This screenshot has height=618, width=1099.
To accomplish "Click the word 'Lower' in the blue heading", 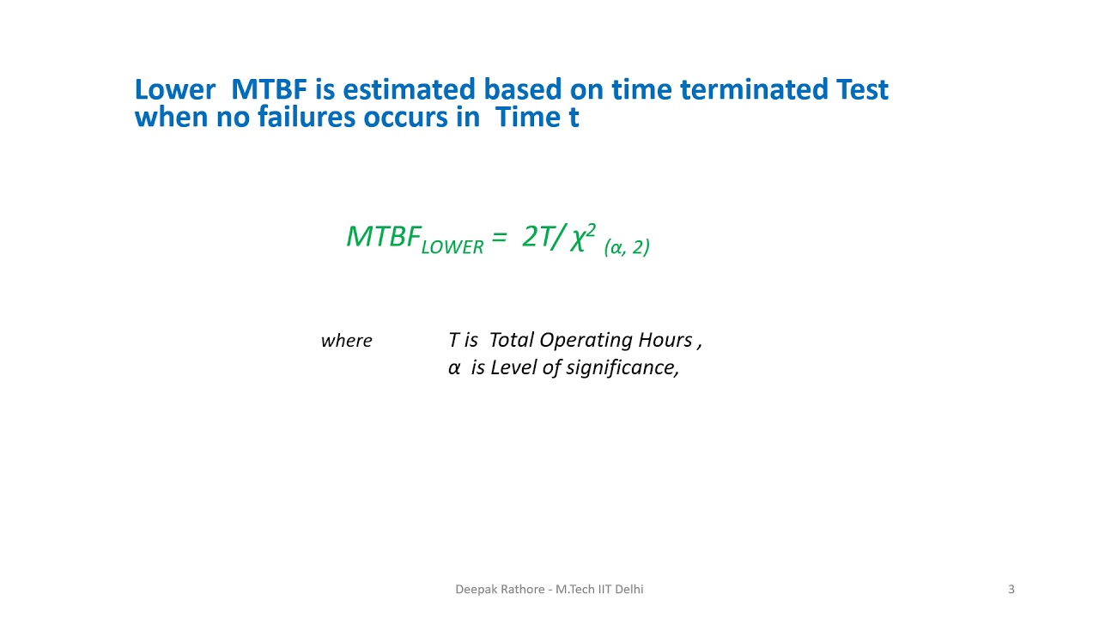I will click(174, 89).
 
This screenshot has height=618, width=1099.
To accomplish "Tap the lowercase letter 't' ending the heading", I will click(574, 117).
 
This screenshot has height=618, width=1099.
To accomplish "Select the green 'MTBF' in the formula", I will click(383, 236).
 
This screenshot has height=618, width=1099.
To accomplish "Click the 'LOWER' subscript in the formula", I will click(452, 247).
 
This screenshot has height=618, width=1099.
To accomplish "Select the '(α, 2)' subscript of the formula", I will click(627, 248).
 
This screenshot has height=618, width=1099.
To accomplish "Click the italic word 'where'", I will click(346, 341).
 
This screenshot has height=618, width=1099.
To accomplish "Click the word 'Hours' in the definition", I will click(665, 340).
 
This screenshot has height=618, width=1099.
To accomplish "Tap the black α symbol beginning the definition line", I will click(454, 368).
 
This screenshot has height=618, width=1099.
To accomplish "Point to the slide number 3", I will click(1011, 589).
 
